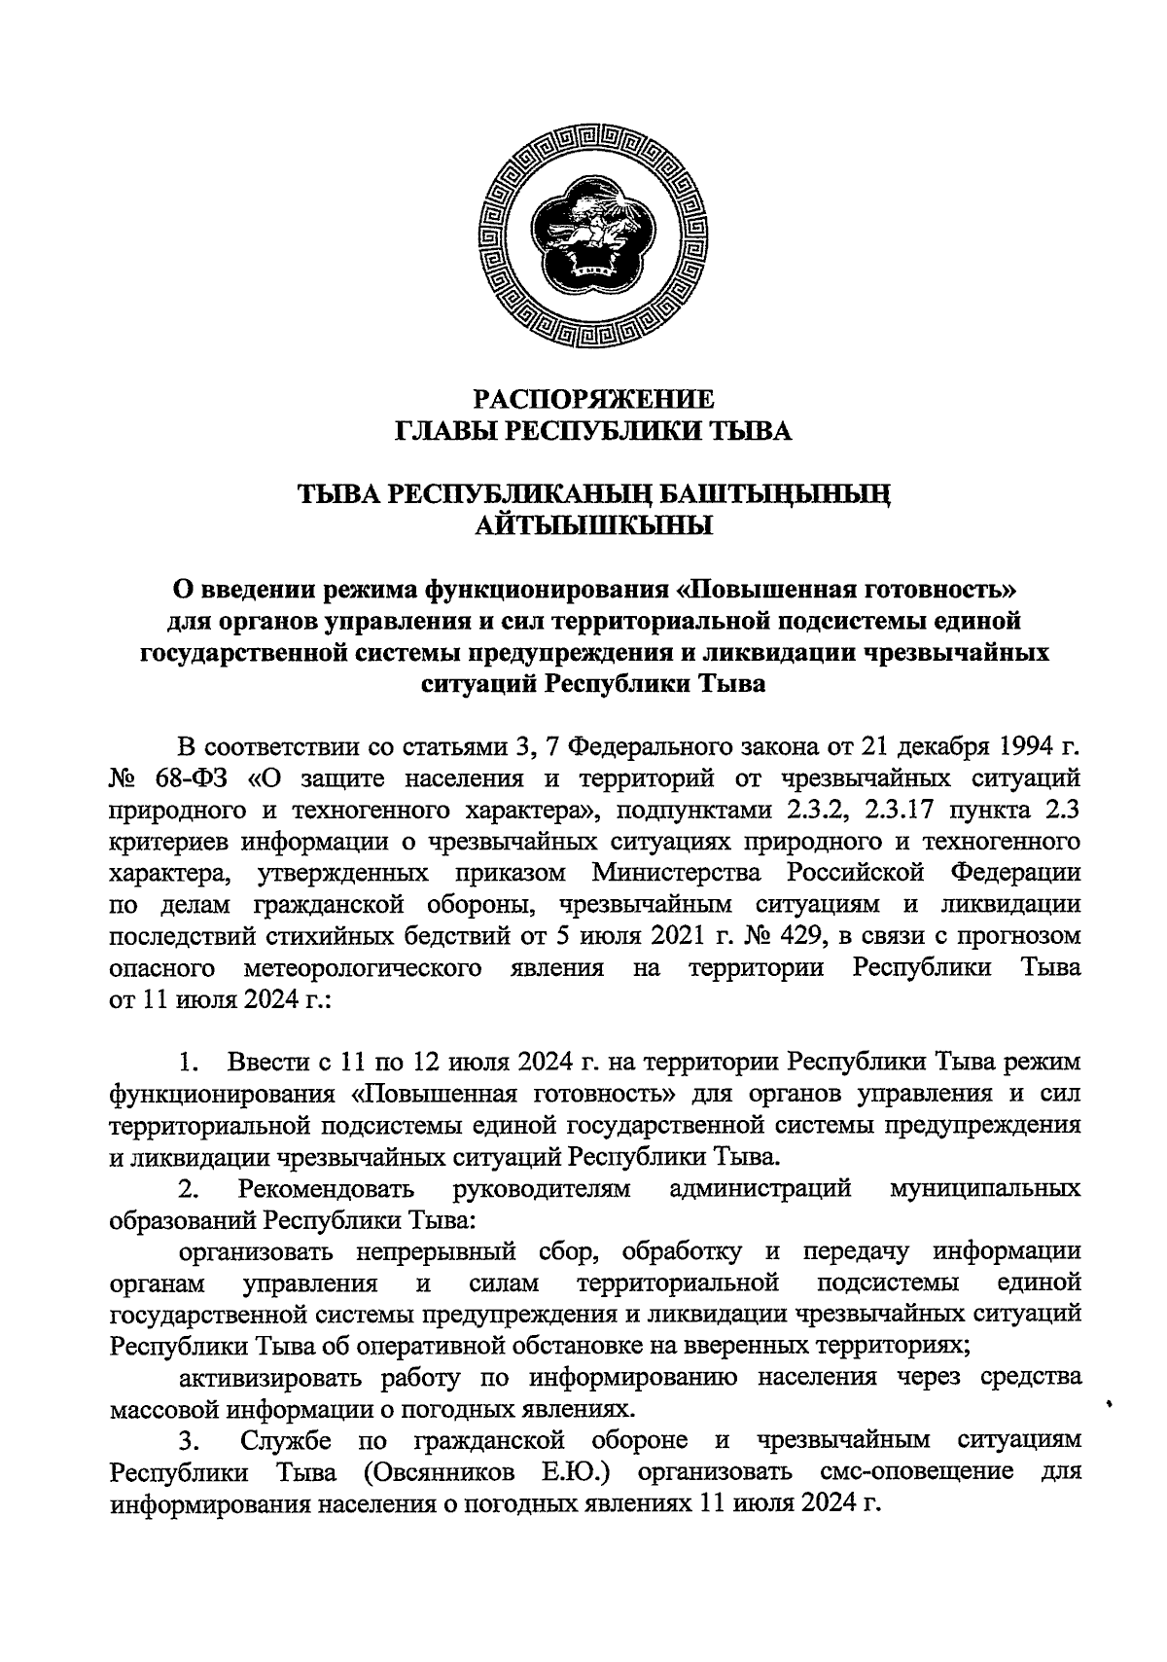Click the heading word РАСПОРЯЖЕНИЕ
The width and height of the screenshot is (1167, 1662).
593,399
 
